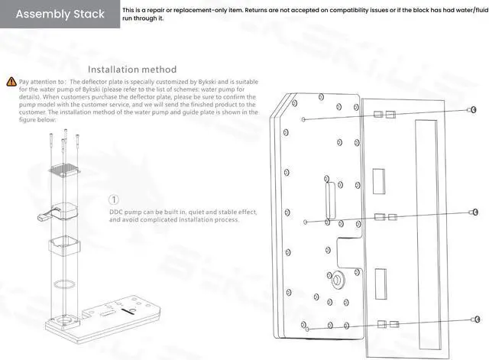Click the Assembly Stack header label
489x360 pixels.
point(59,15)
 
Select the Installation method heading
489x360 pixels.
point(132,70)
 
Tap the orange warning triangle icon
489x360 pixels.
point(11,80)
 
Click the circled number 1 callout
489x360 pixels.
point(115,199)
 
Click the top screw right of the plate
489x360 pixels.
point(472,111)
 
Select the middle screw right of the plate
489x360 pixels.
point(474,212)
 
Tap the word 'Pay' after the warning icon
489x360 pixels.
point(24,80)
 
